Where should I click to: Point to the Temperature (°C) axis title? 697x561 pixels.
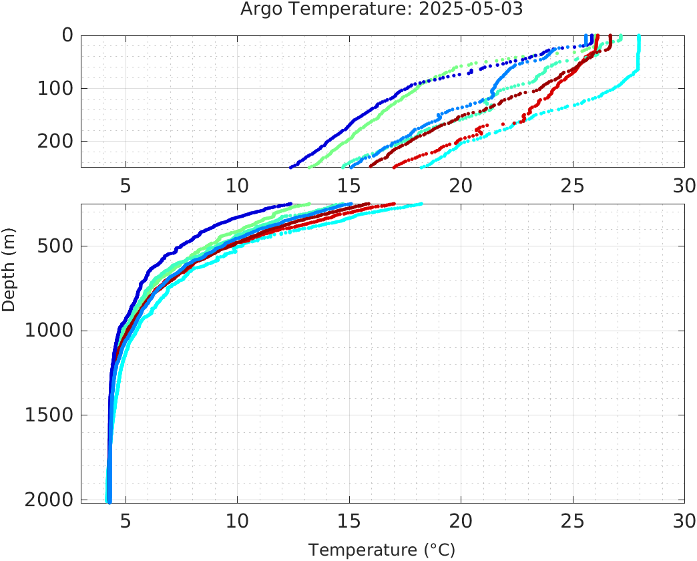click(x=381, y=550)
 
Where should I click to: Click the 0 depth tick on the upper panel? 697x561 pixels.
click(x=67, y=35)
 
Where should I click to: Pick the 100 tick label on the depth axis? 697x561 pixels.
click(x=54, y=88)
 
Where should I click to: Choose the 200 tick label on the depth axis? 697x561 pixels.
click(x=54, y=142)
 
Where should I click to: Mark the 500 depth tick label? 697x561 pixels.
click(x=54, y=246)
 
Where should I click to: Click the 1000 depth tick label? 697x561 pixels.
click(x=48, y=331)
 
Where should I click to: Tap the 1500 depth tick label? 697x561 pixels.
click(x=48, y=415)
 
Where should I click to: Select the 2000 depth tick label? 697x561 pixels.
click(x=48, y=500)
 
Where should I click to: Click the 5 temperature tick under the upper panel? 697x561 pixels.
click(x=126, y=185)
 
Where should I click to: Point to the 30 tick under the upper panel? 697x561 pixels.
click(x=684, y=185)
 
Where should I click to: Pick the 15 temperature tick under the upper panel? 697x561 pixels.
click(x=348, y=185)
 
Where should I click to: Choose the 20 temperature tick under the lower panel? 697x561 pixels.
click(x=461, y=520)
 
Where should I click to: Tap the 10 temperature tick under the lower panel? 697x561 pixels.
click(x=237, y=520)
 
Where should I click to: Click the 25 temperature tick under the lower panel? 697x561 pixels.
click(x=572, y=520)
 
